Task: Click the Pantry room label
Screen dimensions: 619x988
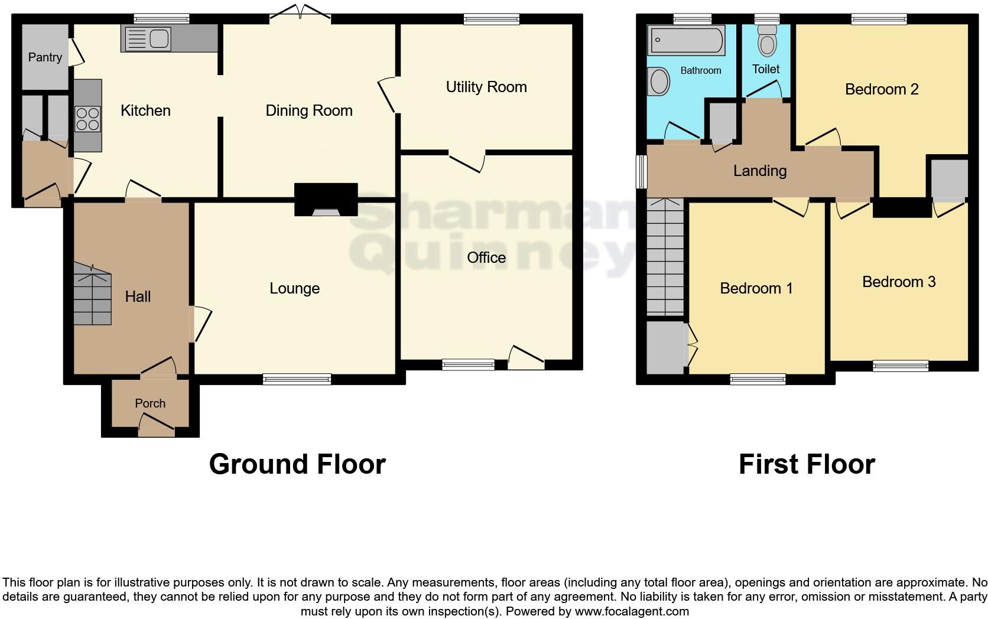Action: point(45,57)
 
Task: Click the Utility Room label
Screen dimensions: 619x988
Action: point(486,87)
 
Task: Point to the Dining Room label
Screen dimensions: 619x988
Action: point(308,110)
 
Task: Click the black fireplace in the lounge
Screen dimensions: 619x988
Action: point(326,200)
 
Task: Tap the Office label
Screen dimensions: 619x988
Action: point(486,258)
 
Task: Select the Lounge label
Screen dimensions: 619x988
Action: point(294,288)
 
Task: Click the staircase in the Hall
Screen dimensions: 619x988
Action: point(92,295)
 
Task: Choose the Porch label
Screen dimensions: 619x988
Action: point(150,403)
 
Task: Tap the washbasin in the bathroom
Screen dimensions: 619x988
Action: point(659,82)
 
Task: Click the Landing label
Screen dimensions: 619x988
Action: point(760,171)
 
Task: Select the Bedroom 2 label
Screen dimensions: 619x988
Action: point(882,89)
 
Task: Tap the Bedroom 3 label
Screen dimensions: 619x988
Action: point(899,282)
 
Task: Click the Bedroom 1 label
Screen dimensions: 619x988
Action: point(756,288)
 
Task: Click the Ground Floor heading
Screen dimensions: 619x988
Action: point(297,464)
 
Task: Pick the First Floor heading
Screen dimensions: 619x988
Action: point(807,464)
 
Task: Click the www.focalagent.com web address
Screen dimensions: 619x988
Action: point(632,611)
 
